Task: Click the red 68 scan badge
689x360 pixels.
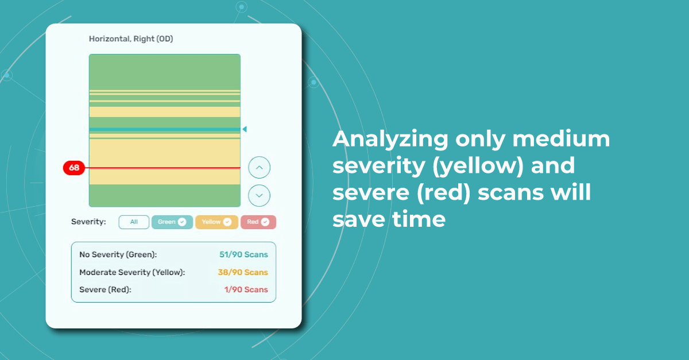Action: pos(74,168)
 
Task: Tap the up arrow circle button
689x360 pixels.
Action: pos(260,168)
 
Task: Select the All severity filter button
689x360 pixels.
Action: pos(134,222)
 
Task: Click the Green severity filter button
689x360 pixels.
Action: pos(172,222)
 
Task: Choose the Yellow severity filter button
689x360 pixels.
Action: pos(216,222)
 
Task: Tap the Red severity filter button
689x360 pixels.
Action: pos(258,222)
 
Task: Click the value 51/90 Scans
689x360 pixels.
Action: pos(243,254)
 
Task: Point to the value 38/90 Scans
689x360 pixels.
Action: pos(243,272)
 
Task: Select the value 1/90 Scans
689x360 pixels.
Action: pos(246,289)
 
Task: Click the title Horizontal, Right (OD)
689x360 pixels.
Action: pos(131,39)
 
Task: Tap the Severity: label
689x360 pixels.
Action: pos(88,222)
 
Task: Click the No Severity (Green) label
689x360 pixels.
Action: pos(118,254)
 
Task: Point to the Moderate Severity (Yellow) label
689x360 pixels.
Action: pos(132,272)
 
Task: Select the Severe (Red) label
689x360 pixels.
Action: pos(105,289)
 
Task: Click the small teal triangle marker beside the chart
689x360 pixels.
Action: pos(245,129)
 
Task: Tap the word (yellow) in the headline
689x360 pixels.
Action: pos(478,166)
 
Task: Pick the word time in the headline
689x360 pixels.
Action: pos(419,219)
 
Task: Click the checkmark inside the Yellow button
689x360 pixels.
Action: pos(227,222)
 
